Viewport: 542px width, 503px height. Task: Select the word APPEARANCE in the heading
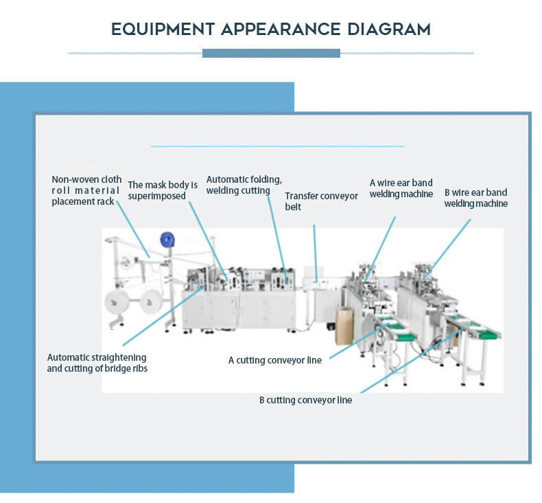[281, 30]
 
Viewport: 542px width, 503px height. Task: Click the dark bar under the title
[271, 53]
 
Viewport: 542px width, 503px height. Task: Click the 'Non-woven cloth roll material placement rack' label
[86, 190]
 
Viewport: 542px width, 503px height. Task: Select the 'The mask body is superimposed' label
[163, 190]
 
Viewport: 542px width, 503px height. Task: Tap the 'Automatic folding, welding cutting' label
[244, 185]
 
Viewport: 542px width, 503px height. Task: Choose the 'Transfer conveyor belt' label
[321, 201]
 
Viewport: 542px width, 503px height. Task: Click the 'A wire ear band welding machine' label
[401, 188]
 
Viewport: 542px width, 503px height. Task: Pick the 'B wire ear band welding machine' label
[475, 198]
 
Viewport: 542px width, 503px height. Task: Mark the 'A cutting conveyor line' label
[274, 360]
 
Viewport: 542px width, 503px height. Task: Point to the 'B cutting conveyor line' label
[305, 400]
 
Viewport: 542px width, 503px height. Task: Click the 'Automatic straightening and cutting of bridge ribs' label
[97, 363]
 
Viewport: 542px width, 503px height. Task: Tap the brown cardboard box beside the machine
[344, 326]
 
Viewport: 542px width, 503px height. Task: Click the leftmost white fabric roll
[113, 302]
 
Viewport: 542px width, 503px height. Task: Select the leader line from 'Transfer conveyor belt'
[316, 251]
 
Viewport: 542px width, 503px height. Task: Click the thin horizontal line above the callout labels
[277, 146]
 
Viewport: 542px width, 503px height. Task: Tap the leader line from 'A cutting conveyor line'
[353, 344]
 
